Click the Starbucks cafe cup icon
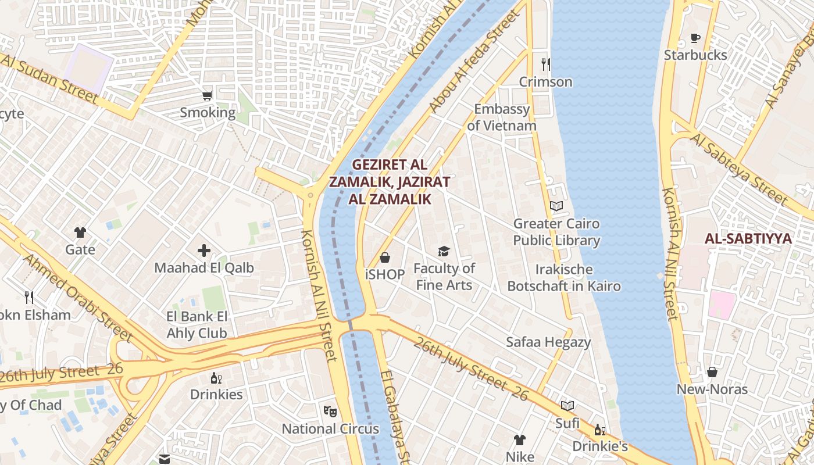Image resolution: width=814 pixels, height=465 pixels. (695, 38)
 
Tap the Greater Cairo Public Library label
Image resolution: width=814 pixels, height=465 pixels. (556, 232)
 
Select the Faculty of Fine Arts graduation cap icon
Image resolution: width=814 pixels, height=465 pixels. (444, 251)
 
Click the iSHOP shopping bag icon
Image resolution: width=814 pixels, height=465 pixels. (385, 257)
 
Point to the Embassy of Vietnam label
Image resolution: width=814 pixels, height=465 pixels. (502, 117)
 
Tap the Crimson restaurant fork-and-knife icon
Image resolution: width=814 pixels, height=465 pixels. (545, 64)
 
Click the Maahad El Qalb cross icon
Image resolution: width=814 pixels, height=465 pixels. (204, 251)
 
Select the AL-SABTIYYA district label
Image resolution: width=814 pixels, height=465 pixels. (748, 238)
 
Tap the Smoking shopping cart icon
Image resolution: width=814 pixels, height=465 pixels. (208, 95)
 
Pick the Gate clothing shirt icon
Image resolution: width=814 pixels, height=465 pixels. (80, 233)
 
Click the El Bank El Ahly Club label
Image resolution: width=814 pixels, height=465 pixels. (197, 325)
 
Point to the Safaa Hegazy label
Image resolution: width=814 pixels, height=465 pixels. (548, 342)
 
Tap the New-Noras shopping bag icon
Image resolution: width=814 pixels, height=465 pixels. (712, 372)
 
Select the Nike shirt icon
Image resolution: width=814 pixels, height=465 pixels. (520, 440)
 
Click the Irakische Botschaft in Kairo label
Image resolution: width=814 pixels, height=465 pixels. (564, 278)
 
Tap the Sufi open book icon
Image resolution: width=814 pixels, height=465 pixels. (567, 406)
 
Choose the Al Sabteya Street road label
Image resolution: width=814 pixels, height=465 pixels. (738, 169)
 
